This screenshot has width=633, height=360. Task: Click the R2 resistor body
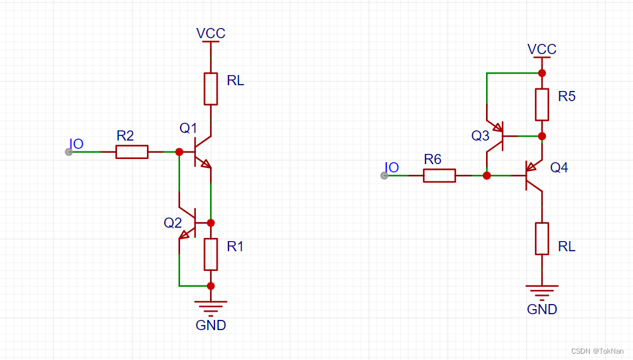132,151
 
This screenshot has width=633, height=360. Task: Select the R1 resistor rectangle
211,254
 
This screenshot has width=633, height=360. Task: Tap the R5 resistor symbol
541,104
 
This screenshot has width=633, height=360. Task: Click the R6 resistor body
440,176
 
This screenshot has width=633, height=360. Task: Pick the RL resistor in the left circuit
211,88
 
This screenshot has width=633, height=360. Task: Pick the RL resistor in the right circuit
541,239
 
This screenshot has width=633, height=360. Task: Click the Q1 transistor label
188,128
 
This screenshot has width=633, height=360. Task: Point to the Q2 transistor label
173,223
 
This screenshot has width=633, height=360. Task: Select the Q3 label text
480,135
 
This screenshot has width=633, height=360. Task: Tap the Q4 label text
559,167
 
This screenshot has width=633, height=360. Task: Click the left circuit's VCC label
211,33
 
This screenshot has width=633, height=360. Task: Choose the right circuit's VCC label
542,49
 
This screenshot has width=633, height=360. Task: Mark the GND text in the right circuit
542,310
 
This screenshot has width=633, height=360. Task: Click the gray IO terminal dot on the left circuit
69,151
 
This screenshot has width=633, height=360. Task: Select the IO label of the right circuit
393,167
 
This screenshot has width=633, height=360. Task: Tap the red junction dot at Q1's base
179,151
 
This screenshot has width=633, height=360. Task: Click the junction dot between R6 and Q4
487,176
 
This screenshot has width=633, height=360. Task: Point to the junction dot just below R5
541,135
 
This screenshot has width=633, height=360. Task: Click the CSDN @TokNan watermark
597,351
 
